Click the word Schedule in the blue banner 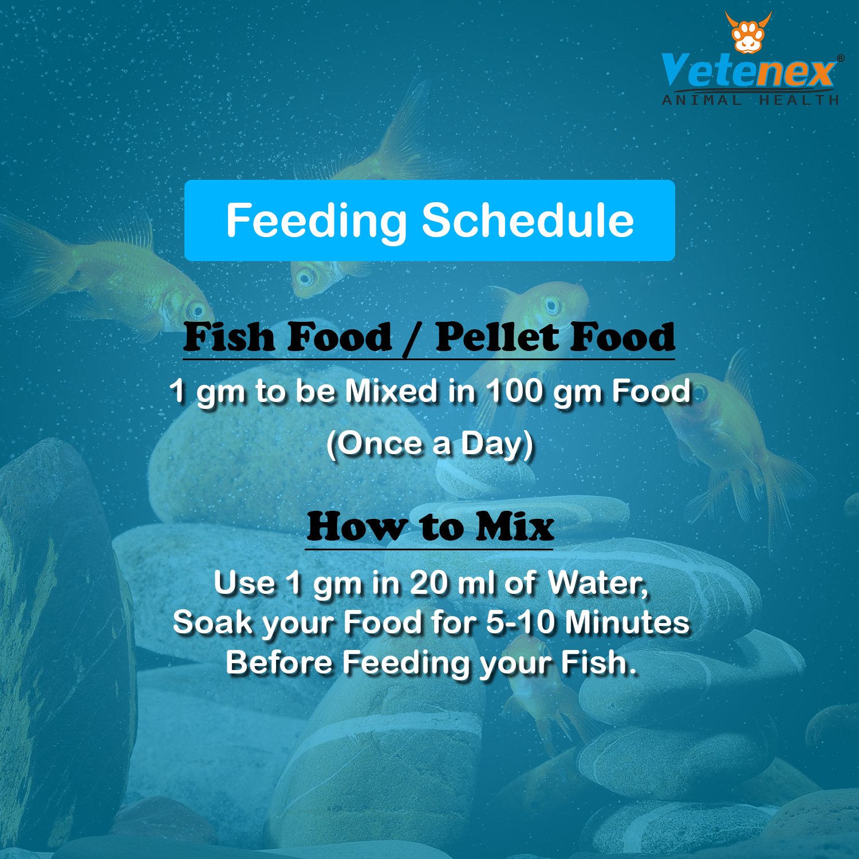[x=528, y=220]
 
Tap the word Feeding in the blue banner [x=316, y=220]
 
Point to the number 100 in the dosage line [x=514, y=392]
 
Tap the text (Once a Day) [x=429, y=444]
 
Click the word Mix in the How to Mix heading [x=515, y=527]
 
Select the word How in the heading [x=355, y=527]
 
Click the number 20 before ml [x=429, y=584]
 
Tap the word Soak [x=212, y=622]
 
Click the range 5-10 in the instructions [x=521, y=622]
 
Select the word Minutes [x=627, y=622]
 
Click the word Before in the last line [x=279, y=663]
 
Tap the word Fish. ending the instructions [x=598, y=663]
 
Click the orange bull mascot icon [x=748, y=33]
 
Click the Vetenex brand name [x=748, y=71]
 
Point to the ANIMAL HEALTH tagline [x=750, y=100]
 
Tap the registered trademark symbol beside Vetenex [x=840, y=58]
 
